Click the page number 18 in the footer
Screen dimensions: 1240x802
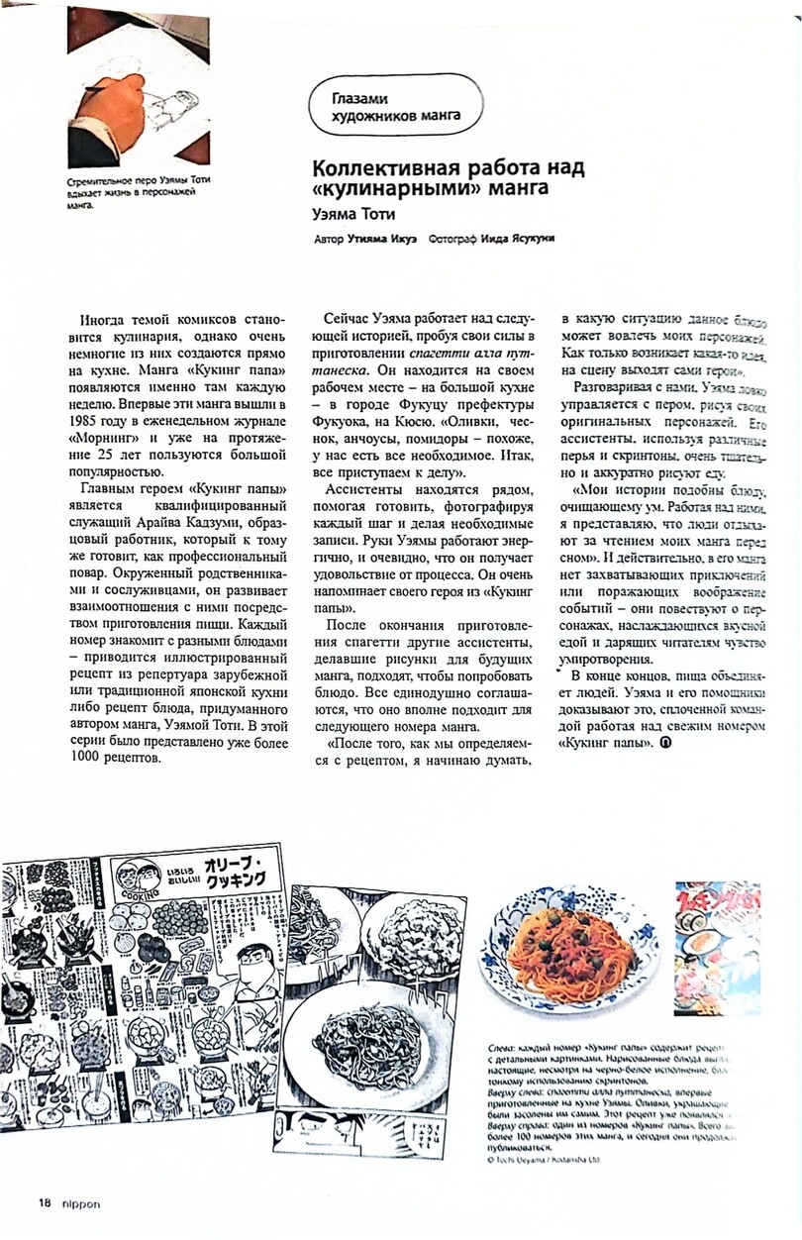[45, 1202]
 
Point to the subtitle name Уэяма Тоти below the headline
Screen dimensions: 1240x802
[355, 212]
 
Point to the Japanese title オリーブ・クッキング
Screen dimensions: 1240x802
[233, 873]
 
